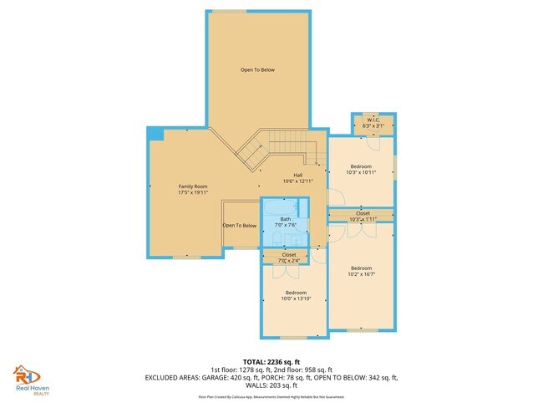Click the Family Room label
click(x=192, y=186)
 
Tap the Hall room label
click(x=286, y=175)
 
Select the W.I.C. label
click(x=373, y=120)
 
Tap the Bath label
click(x=286, y=219)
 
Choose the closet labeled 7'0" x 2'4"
click(x=289, y=257)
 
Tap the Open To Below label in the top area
click(x=257, y=69)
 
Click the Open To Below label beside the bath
click(x=239, y=226)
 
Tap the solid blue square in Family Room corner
click(x=155, y=134)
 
